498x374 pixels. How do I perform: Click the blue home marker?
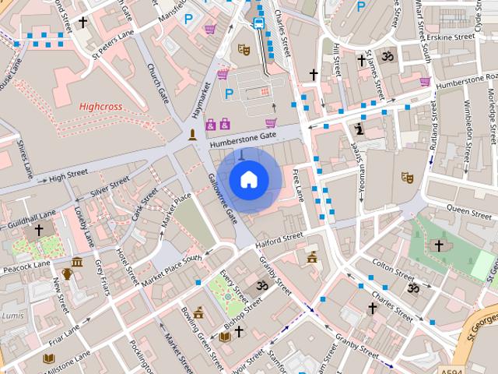(x=248, y=179)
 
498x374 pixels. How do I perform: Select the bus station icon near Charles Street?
(x=259, y=23)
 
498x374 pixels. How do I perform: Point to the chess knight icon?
(x=359, y=129)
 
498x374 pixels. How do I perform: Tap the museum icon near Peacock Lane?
(x=77, y=262)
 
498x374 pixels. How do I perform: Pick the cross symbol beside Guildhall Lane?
(x=39, y=231)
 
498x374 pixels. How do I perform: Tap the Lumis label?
(x=13, y=316)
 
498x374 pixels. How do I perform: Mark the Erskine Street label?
(x=452, y=37)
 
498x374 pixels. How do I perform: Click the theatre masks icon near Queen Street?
(x=405, y=177)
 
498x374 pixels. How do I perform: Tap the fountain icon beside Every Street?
(x=227, y=296)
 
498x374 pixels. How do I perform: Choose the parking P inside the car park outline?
(x=229, y=93)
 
